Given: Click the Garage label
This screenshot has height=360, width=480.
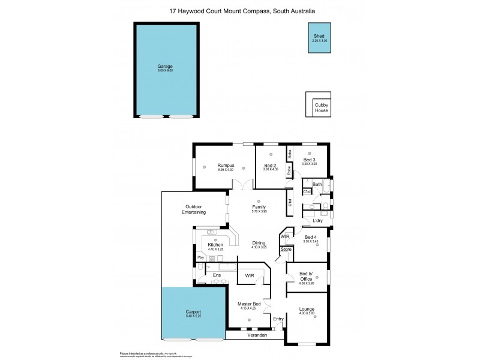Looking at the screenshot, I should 165,66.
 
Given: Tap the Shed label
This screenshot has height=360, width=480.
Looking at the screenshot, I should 319,37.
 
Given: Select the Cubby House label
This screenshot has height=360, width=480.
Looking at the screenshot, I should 322,109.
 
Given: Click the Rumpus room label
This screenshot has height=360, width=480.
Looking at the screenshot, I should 226,165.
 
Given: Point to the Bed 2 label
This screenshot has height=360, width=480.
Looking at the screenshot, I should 271,165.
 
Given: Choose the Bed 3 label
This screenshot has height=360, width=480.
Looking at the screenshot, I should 309,160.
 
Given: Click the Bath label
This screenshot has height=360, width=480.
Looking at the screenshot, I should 317,184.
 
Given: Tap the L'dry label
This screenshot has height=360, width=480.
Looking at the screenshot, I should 318,220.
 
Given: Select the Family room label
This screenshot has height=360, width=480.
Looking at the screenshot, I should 259,207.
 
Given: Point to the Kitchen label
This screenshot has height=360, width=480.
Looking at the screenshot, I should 215,245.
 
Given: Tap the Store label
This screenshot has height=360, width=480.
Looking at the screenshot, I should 286,249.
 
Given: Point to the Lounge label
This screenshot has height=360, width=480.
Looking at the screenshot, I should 307,309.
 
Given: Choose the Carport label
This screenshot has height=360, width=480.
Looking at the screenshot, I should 193,311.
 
